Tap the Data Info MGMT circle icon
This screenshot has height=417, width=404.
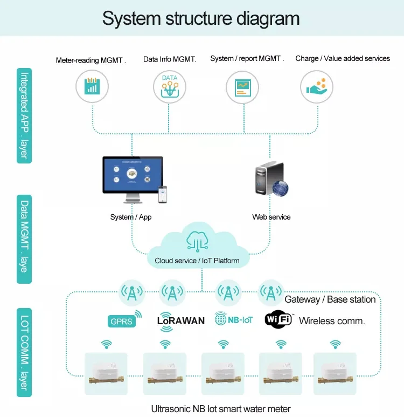[170, 86]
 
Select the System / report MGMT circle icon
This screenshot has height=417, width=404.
[242, 86]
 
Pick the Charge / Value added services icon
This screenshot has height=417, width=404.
[316, 86]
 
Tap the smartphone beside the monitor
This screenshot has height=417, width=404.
[162, 194]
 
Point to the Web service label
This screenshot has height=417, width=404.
[271, 217]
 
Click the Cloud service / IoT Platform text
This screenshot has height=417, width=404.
[197, 261]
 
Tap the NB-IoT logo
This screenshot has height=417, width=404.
[233, 319]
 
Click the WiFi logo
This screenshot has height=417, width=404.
[278, 319]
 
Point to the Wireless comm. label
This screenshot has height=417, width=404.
[332, 321]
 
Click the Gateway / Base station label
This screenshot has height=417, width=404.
[330, 299]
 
